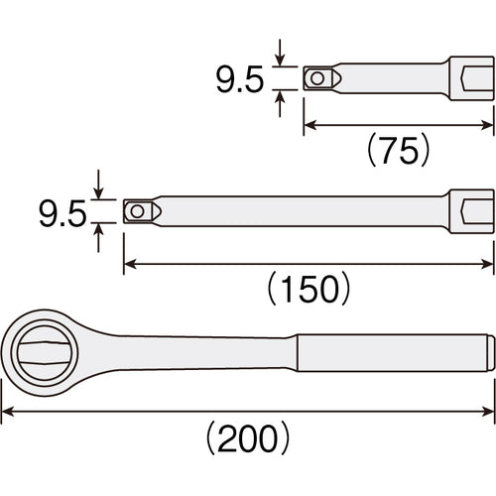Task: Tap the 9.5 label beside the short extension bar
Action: tap(240, 79)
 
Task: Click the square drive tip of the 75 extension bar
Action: tap(319, 78)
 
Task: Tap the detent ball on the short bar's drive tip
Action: tap(316, 78)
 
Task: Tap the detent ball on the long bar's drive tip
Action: tap(136, 210)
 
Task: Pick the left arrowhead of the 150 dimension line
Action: tap(128, 263)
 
